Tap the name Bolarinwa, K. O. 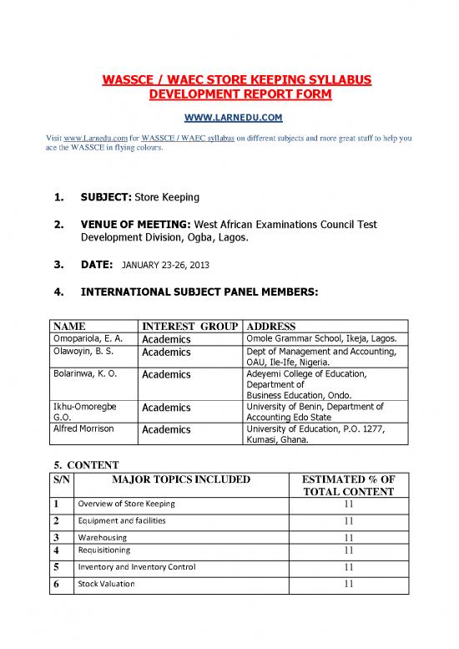(x=87, y=374)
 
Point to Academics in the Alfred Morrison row (x=167, y=430)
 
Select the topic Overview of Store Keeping (x=127, y=504)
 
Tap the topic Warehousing (x=103, y=537)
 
